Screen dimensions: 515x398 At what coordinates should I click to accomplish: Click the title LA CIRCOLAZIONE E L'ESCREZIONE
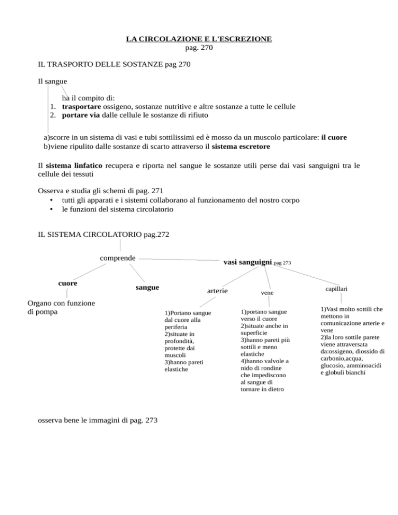click(199, 39)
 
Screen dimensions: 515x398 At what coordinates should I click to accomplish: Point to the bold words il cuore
click(334, 137)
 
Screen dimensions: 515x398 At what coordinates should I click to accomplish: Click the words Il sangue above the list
click(53, 81)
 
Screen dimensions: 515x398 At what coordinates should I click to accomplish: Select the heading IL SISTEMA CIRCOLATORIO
click(102, 235)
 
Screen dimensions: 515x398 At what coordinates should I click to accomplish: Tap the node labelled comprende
click(118, 257)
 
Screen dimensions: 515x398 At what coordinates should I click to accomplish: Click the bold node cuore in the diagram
click(68, 283)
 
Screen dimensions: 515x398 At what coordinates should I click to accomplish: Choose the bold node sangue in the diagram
click(146, 287)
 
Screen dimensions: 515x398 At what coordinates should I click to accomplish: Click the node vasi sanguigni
click(247, 262)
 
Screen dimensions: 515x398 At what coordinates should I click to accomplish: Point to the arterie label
click(217, 291)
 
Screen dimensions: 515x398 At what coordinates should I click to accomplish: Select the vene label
click(267, 293)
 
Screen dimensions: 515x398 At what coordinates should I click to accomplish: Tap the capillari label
click(336, 287)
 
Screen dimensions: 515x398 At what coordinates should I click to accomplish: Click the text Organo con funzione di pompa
click(61, 308)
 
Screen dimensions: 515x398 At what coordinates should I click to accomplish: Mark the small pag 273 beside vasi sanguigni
click(283, 263)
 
